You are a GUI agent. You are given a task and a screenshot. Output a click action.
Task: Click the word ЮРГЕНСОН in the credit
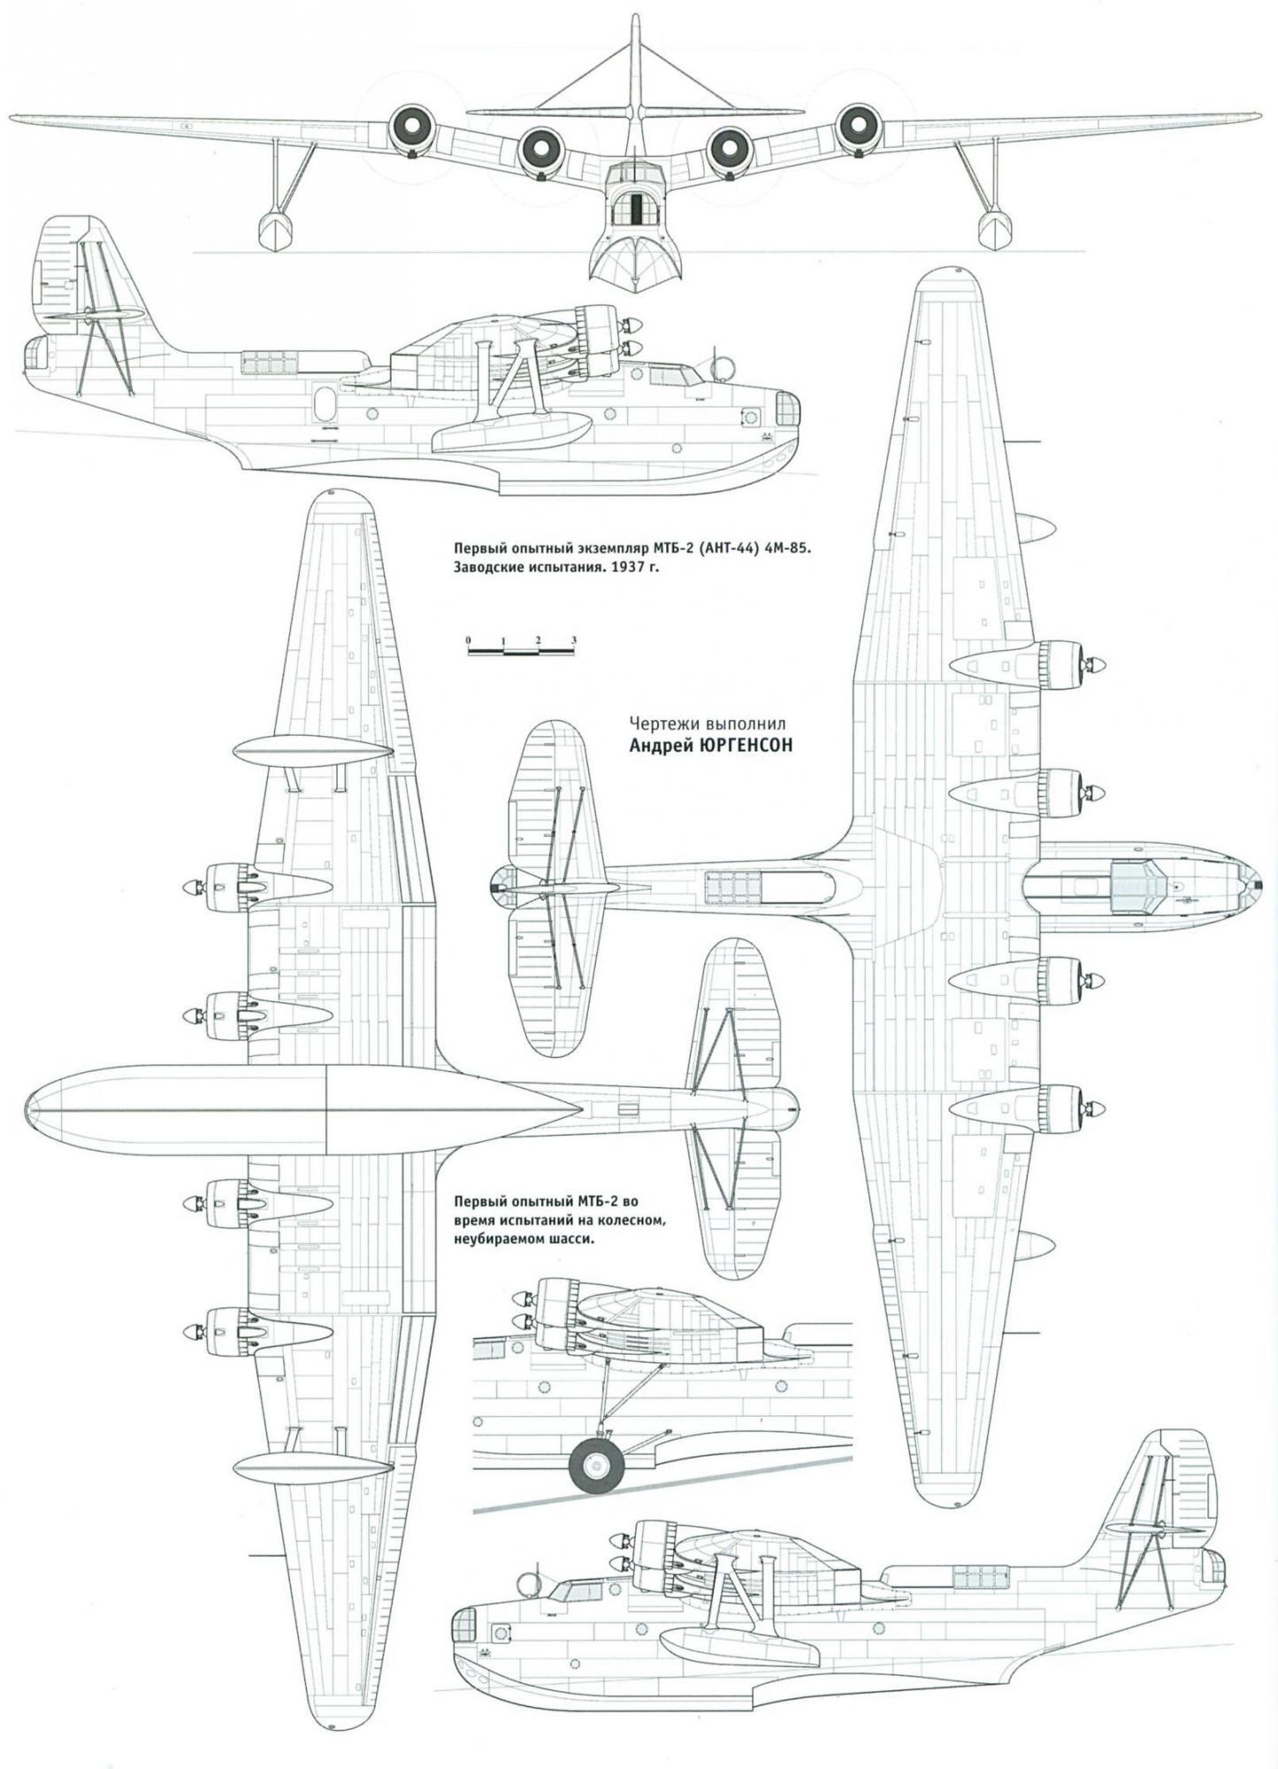point(745,746)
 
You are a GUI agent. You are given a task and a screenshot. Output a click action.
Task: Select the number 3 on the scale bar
point(574,639)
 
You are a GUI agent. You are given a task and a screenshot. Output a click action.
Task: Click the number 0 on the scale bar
point(469,639)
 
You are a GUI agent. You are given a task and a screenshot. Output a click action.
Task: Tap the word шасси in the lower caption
point(568,1239)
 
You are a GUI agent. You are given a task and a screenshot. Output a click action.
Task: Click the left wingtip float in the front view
point(275,227)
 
